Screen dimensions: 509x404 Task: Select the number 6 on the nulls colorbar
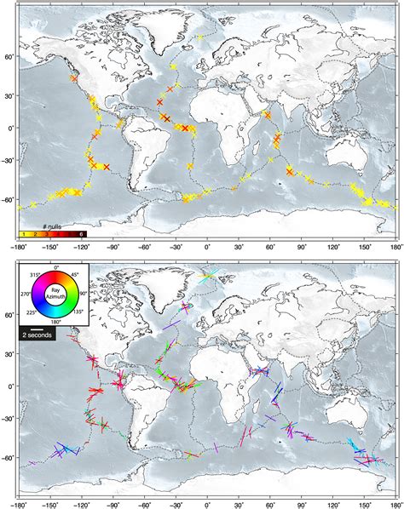pyautogui.click(x=81, y=233)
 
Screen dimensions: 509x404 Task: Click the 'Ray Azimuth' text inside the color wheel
pyautogui.click(x=56, y=295)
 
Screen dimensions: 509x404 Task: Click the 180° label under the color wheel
pyautogui.click(x=56, y=323)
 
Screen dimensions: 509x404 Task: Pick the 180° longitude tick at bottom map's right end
pyautogui.click(x=395, y=501)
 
